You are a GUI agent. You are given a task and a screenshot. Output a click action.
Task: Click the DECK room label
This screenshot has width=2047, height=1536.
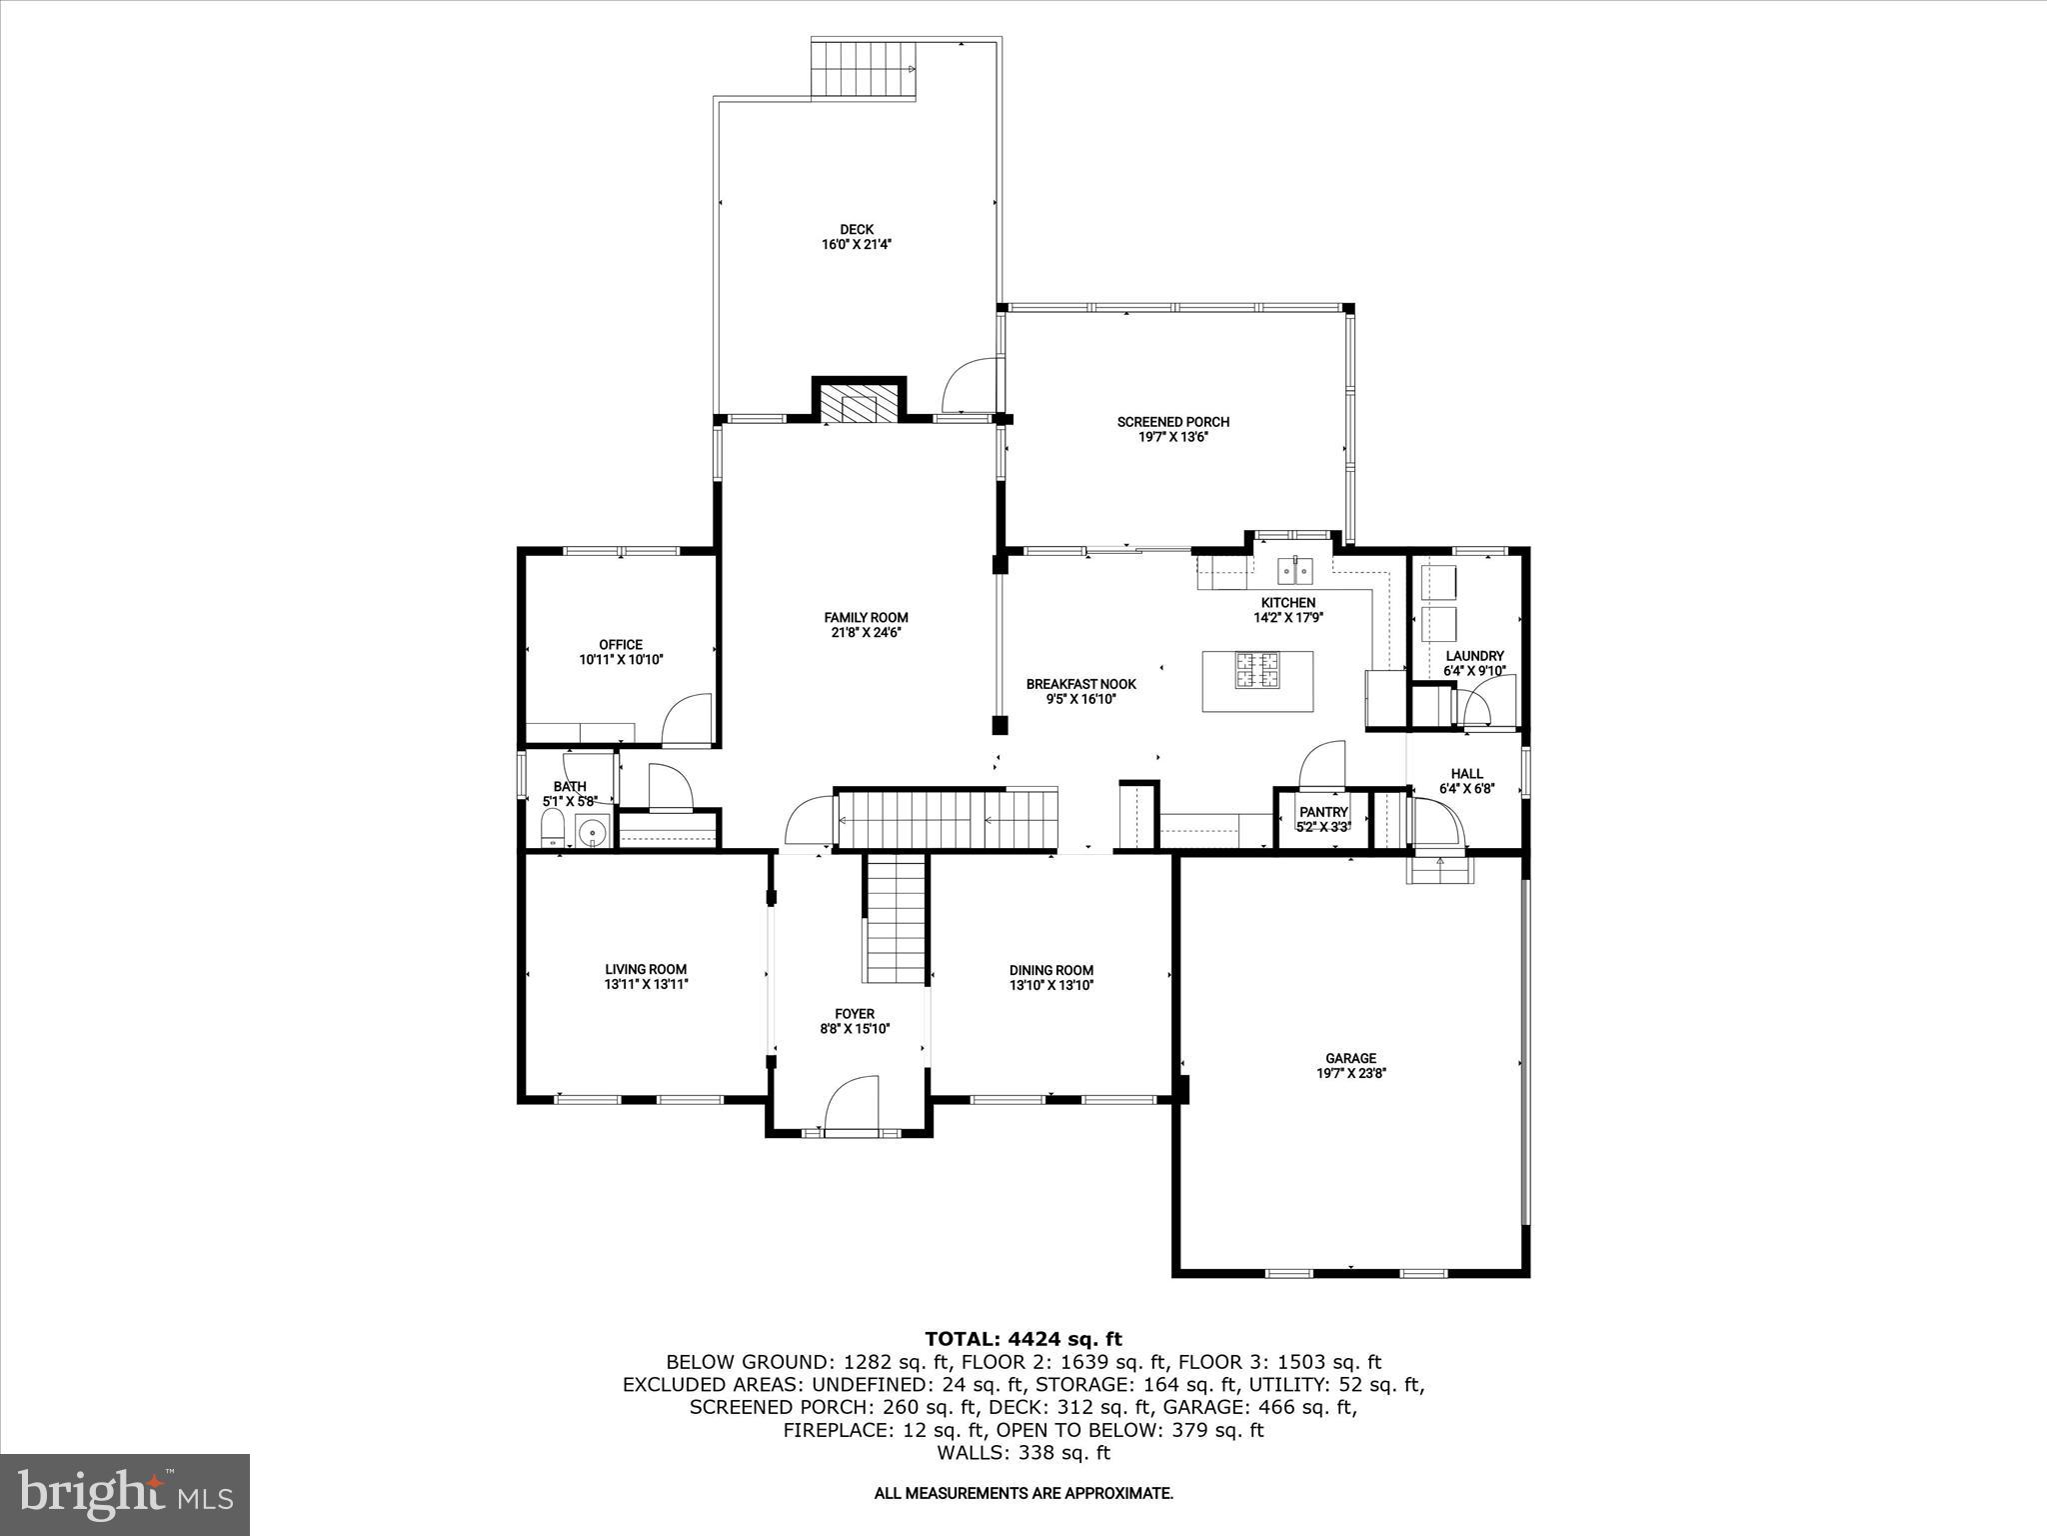click(856, 230)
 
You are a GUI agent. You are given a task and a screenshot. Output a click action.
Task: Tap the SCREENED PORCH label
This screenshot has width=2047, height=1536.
click(1172, 422)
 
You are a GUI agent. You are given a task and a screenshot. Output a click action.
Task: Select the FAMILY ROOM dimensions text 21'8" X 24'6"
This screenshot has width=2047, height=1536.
click(866, 632)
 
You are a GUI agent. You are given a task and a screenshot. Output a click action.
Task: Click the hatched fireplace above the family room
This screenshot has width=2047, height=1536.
click(858, 403)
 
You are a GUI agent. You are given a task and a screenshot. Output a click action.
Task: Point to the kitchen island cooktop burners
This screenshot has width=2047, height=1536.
click(1257, 671)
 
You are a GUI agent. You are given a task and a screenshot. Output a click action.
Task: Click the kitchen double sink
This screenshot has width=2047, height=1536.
click(1295, 571)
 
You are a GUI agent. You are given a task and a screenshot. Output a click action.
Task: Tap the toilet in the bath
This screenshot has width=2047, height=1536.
click(551, 829)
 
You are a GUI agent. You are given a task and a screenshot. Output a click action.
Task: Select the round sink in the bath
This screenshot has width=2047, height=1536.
click(595, 832)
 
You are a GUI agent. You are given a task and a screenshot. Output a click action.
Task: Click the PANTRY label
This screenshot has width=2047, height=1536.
click(1323, 812)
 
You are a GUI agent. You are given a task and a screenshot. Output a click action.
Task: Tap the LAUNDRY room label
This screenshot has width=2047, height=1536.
click(1474, 656)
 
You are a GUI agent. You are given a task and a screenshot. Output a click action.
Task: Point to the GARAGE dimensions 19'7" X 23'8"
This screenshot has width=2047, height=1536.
click(1351, 1073)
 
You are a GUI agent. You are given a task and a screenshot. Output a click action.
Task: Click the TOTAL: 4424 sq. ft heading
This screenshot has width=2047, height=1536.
click(1023, 1339)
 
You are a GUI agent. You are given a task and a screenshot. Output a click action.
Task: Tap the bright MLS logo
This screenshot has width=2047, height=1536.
click(125, 1494)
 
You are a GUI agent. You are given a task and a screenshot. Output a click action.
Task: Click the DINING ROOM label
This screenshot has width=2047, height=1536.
click(1050, 970)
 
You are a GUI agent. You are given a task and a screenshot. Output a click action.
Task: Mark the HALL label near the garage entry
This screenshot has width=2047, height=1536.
click(1466, 773)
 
